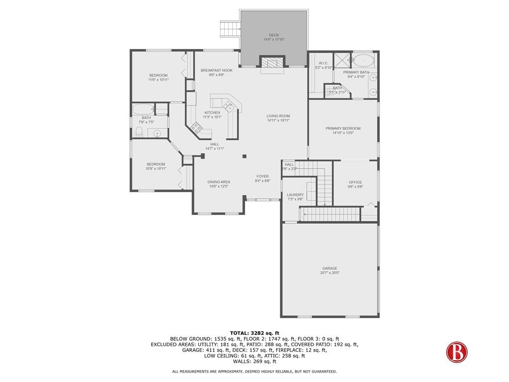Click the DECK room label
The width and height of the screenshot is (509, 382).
click(274, 35)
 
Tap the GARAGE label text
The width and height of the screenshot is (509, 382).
click(330, 268)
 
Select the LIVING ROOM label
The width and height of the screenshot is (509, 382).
click(278, 116)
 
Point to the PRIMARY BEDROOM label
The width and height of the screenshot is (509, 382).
click(343, 128)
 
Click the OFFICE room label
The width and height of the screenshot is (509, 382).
click(355, 182)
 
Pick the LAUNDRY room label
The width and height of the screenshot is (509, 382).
click(295, 195)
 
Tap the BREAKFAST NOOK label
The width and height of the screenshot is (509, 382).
click(217, 70)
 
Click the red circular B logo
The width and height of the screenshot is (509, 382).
click(457, 352)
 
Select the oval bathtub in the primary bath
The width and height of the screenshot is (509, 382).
click(363, 60)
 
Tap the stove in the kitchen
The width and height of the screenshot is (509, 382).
click(196, 127)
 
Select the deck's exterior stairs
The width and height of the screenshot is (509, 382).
click(230, 28)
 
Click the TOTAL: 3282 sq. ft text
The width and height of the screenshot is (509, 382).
click(254, 333)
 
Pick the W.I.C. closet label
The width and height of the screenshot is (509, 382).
click(323, 63)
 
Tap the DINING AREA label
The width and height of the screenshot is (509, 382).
click(219, 182)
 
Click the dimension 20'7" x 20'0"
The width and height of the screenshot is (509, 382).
click(330, 273)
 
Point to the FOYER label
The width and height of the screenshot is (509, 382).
click(262, 177)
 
